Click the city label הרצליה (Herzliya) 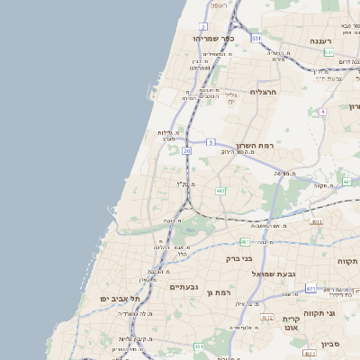[x=261, y=92]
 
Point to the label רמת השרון [x=254, y=146]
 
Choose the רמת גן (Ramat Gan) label [x=219, y=292]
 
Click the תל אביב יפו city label [x=116, y=298]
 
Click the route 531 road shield [x=256, y=39]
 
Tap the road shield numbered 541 [x=329, y=53]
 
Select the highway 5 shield [x=211, y=142]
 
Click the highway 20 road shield [x=187, y=151]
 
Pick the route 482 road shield [x=220, y=191]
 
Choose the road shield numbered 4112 [x=266, y=318]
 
